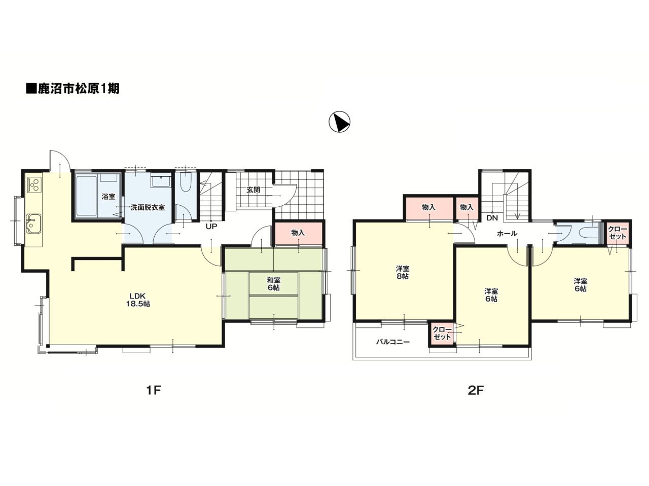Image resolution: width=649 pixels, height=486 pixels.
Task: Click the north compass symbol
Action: pyautogui.click(x=339, y=122)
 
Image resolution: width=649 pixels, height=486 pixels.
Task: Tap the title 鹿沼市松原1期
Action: pyautogui.click(x=73, y=89)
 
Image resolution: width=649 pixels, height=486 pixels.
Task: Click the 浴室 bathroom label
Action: pyautogui.click(x=109, y=197)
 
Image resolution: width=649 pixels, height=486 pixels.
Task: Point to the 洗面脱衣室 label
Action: pyautogui.click(x=148, y=207)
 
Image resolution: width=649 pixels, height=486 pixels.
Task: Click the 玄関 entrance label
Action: pyautogui.click(x=253, y=190)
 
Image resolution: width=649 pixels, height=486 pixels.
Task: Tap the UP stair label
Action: pyautogui.click(x=211, y=227)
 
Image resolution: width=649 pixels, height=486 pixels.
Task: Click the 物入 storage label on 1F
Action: pyautogui.click(x=298, y=233)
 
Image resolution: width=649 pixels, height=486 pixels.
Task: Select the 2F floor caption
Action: pyautogui.click(x=476, y=390)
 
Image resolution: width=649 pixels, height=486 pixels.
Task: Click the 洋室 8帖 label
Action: pyautogui.click(x=403, y=272)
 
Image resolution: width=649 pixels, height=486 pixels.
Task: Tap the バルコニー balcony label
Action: pyautogui.click(x=392, y=342)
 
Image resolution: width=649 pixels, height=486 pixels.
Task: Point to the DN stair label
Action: pyautogui.click(x=492, y=218)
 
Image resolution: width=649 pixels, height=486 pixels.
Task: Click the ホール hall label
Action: pyautogui.click(x=507, y=234)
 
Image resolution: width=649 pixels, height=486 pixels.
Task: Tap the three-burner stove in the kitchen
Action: pyautogui.click(x=34, y=185)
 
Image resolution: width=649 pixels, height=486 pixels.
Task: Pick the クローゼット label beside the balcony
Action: pyautogui.click(x=442, y=333)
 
